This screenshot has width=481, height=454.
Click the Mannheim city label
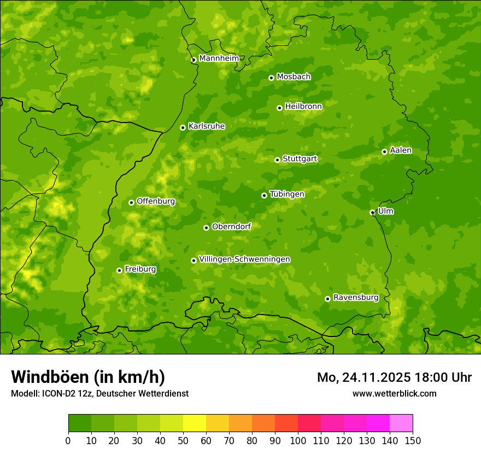click(219, 59)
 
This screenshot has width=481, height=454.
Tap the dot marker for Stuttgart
click(277, 160)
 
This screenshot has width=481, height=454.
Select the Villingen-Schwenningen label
click(244, 259)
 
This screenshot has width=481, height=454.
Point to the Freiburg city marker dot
click(119, 270)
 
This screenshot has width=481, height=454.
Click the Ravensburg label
click(355, 298)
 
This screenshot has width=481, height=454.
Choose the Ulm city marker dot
click(372, 212)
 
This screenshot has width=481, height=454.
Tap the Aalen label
click(401, 150)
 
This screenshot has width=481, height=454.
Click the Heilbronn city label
click(303, 107)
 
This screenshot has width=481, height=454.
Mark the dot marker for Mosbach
click(271, 78)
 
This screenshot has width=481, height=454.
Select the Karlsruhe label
click(206, 126)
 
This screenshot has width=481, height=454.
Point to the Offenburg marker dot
click(131, 202)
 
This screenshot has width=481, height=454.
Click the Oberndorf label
click(231, 226)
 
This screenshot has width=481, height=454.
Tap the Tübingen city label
click(287, 194)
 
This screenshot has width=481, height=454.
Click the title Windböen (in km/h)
click(87, 377)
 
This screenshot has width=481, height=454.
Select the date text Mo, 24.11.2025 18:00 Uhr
click(394, 377)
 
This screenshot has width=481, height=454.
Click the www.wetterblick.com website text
click(394, 393)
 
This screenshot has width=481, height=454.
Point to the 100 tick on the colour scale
click(298, 440)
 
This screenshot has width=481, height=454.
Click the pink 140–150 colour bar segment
click(401, 423)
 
